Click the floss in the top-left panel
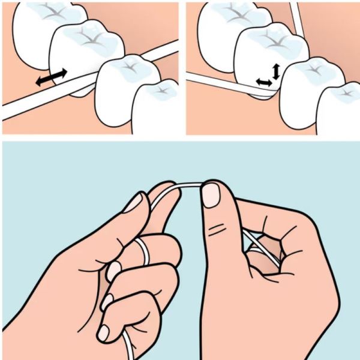tap(24, 108)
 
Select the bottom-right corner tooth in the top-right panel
tap(339, 108)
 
